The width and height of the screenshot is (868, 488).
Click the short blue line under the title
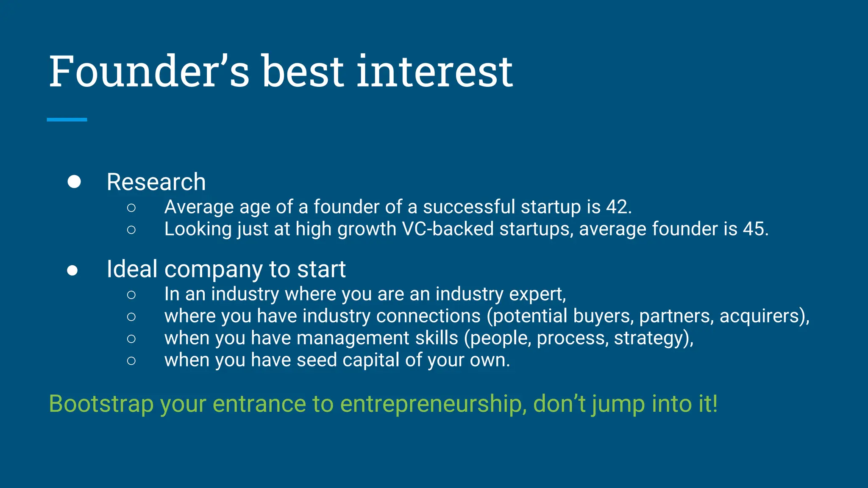(67, 120)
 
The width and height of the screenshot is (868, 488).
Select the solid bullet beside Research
(74, 181)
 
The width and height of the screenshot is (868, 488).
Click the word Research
(156, 182)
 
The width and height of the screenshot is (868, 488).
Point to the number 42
(618, 207)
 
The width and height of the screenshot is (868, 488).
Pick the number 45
(755, 229)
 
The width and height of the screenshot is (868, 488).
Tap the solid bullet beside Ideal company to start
(72, 270)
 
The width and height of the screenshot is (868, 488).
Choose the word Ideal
(132, 269)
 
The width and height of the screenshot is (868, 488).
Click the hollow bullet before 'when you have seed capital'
(131, 360)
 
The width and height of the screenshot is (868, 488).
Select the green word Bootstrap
(101, 403)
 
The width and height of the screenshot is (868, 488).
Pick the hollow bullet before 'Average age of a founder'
(131, 207)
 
